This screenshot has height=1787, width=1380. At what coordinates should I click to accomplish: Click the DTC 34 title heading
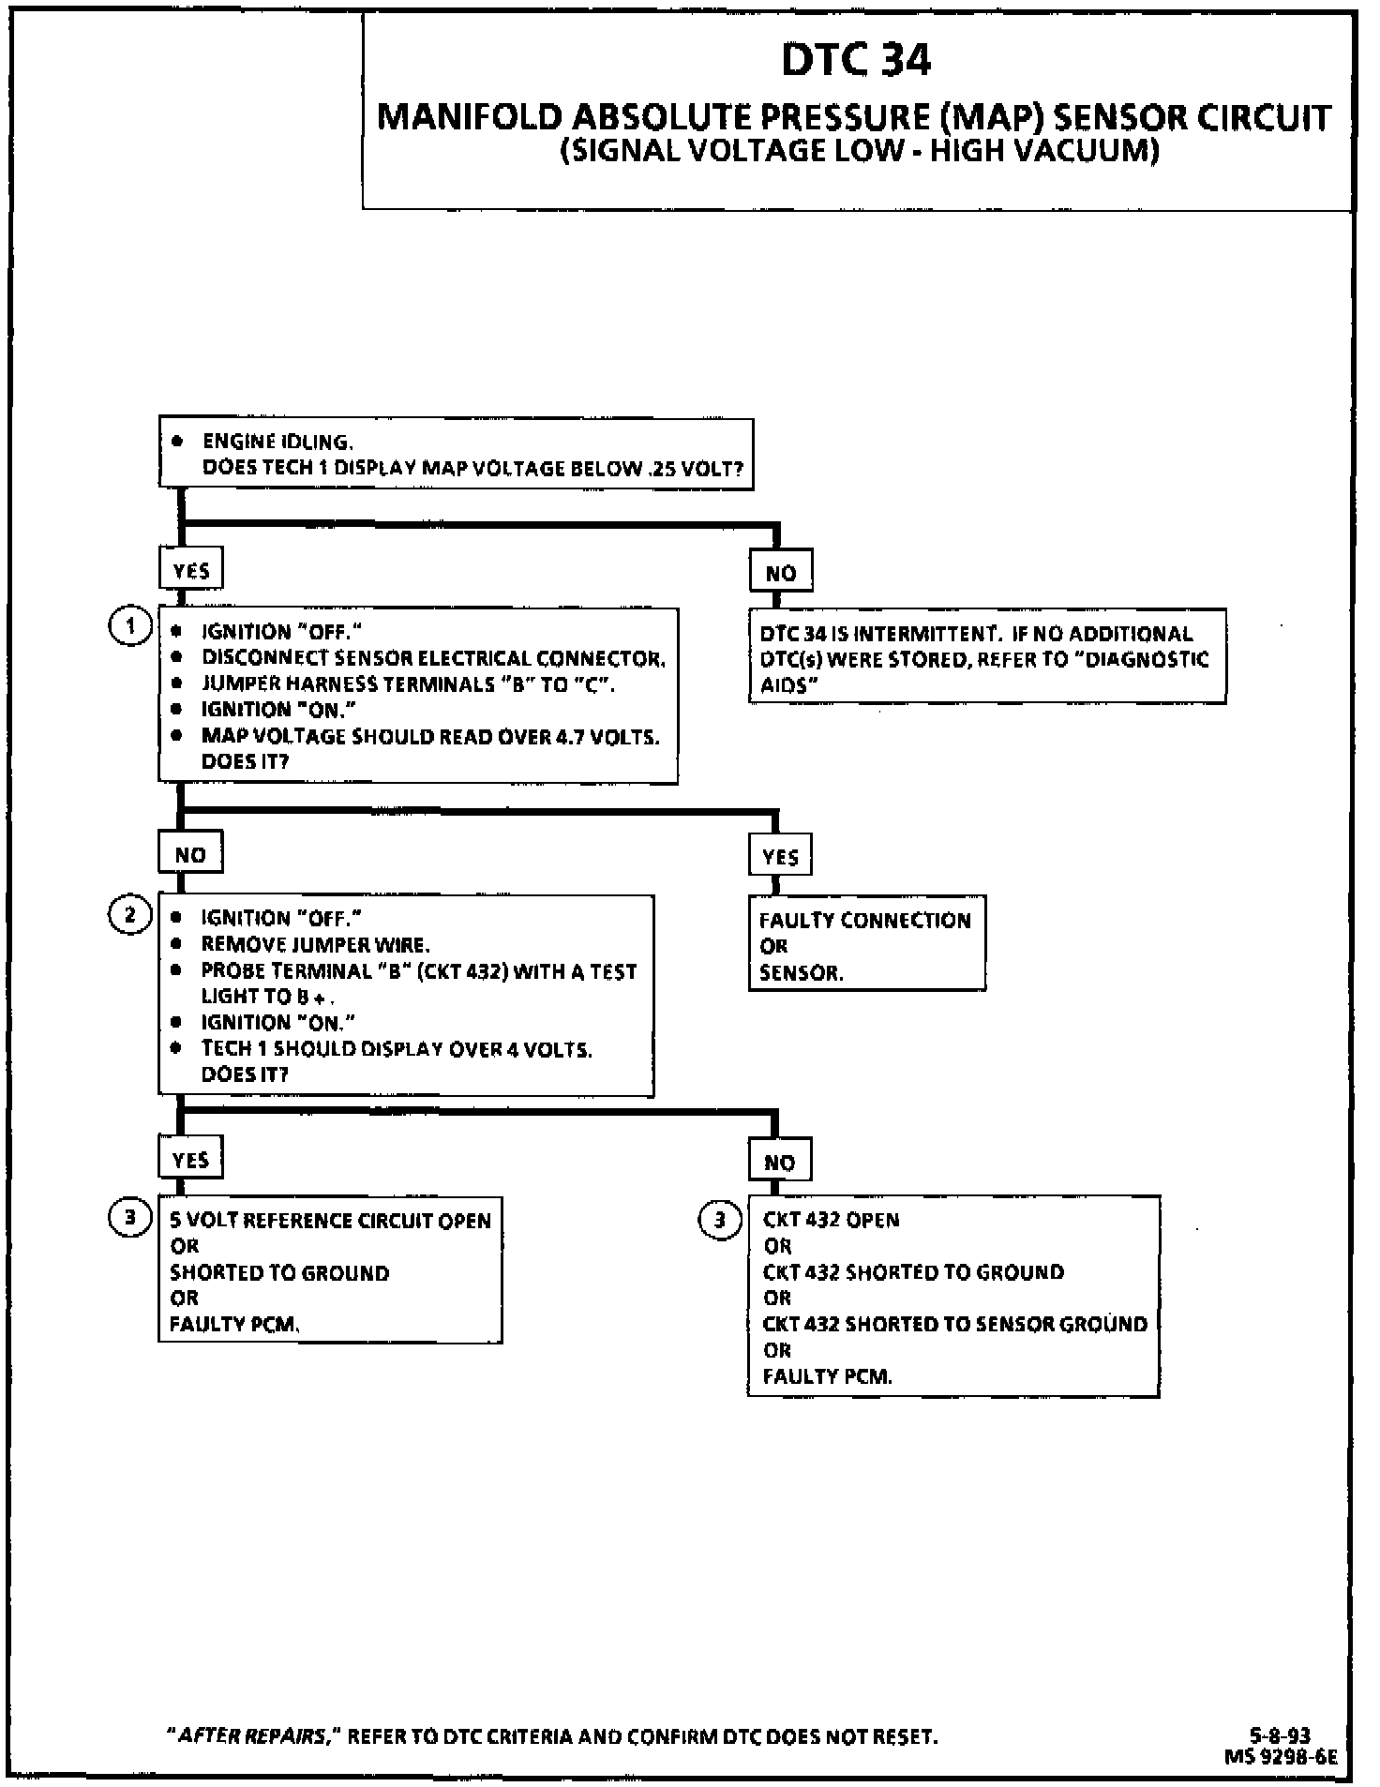pos(856,60)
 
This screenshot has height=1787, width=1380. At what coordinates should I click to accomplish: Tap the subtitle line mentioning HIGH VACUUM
pos(859,152)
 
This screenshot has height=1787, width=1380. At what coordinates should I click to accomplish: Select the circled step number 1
pos(131,626)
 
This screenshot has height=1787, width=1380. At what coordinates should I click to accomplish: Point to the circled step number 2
pos(130,914)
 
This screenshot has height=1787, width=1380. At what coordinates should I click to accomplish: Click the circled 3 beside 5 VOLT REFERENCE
pos(130,1218)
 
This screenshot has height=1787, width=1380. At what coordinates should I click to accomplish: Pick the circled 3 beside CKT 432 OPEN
pos(719,1220)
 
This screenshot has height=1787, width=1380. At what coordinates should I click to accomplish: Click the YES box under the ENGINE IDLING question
pos(191,570)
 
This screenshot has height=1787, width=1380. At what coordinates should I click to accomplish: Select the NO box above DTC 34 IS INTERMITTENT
pos(780,573)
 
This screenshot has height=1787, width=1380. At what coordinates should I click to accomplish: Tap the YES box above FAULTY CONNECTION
pos(780,856)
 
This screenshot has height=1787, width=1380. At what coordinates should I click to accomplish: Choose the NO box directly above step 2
pos(190,854)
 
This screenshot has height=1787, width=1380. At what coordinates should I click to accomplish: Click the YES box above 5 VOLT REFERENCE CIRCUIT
pos(190,1160)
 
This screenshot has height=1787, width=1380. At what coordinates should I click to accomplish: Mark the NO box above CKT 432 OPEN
pos(780,1163)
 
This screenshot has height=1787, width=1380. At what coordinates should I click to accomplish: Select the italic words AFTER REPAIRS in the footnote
pos(252,1736)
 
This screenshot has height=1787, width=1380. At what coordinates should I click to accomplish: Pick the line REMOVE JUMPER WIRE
pos(315,944)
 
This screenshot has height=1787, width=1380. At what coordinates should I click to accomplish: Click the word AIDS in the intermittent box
pos(784,685)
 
